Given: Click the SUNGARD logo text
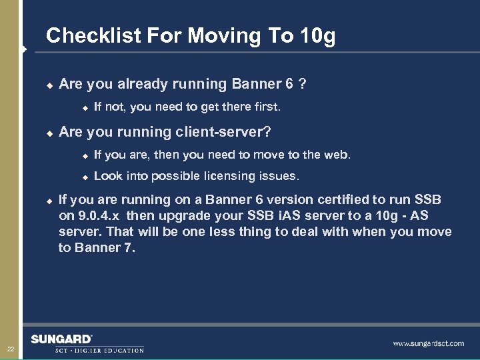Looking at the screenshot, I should (x=61, y=339).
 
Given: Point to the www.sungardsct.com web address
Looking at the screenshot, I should (x=428, y=343).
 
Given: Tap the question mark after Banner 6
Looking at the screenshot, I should (x=303, y=84).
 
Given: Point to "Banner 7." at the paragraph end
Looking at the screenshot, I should (x=106, y=248).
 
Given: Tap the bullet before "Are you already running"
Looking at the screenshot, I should (x=49, y=85).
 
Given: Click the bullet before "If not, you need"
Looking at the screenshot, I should (x=85, y=107).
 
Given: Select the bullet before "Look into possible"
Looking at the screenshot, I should (x=85, y=177).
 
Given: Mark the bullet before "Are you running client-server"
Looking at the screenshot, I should (x=49, y=133).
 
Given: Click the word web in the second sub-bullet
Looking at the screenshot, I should (x=337, y=155).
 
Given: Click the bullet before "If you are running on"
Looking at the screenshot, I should (x=49, y=201).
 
